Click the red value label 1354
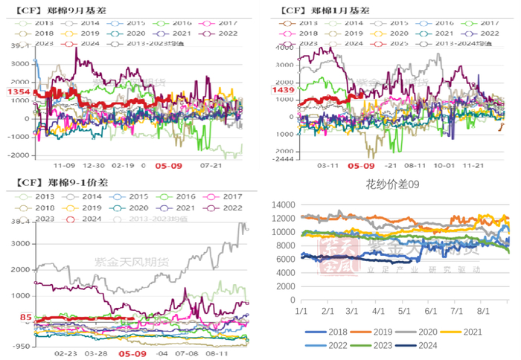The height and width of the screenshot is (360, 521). [x=17, y=91]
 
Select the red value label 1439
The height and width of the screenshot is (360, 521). [x=284, y=90]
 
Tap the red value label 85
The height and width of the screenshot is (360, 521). [x=25, y=318]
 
